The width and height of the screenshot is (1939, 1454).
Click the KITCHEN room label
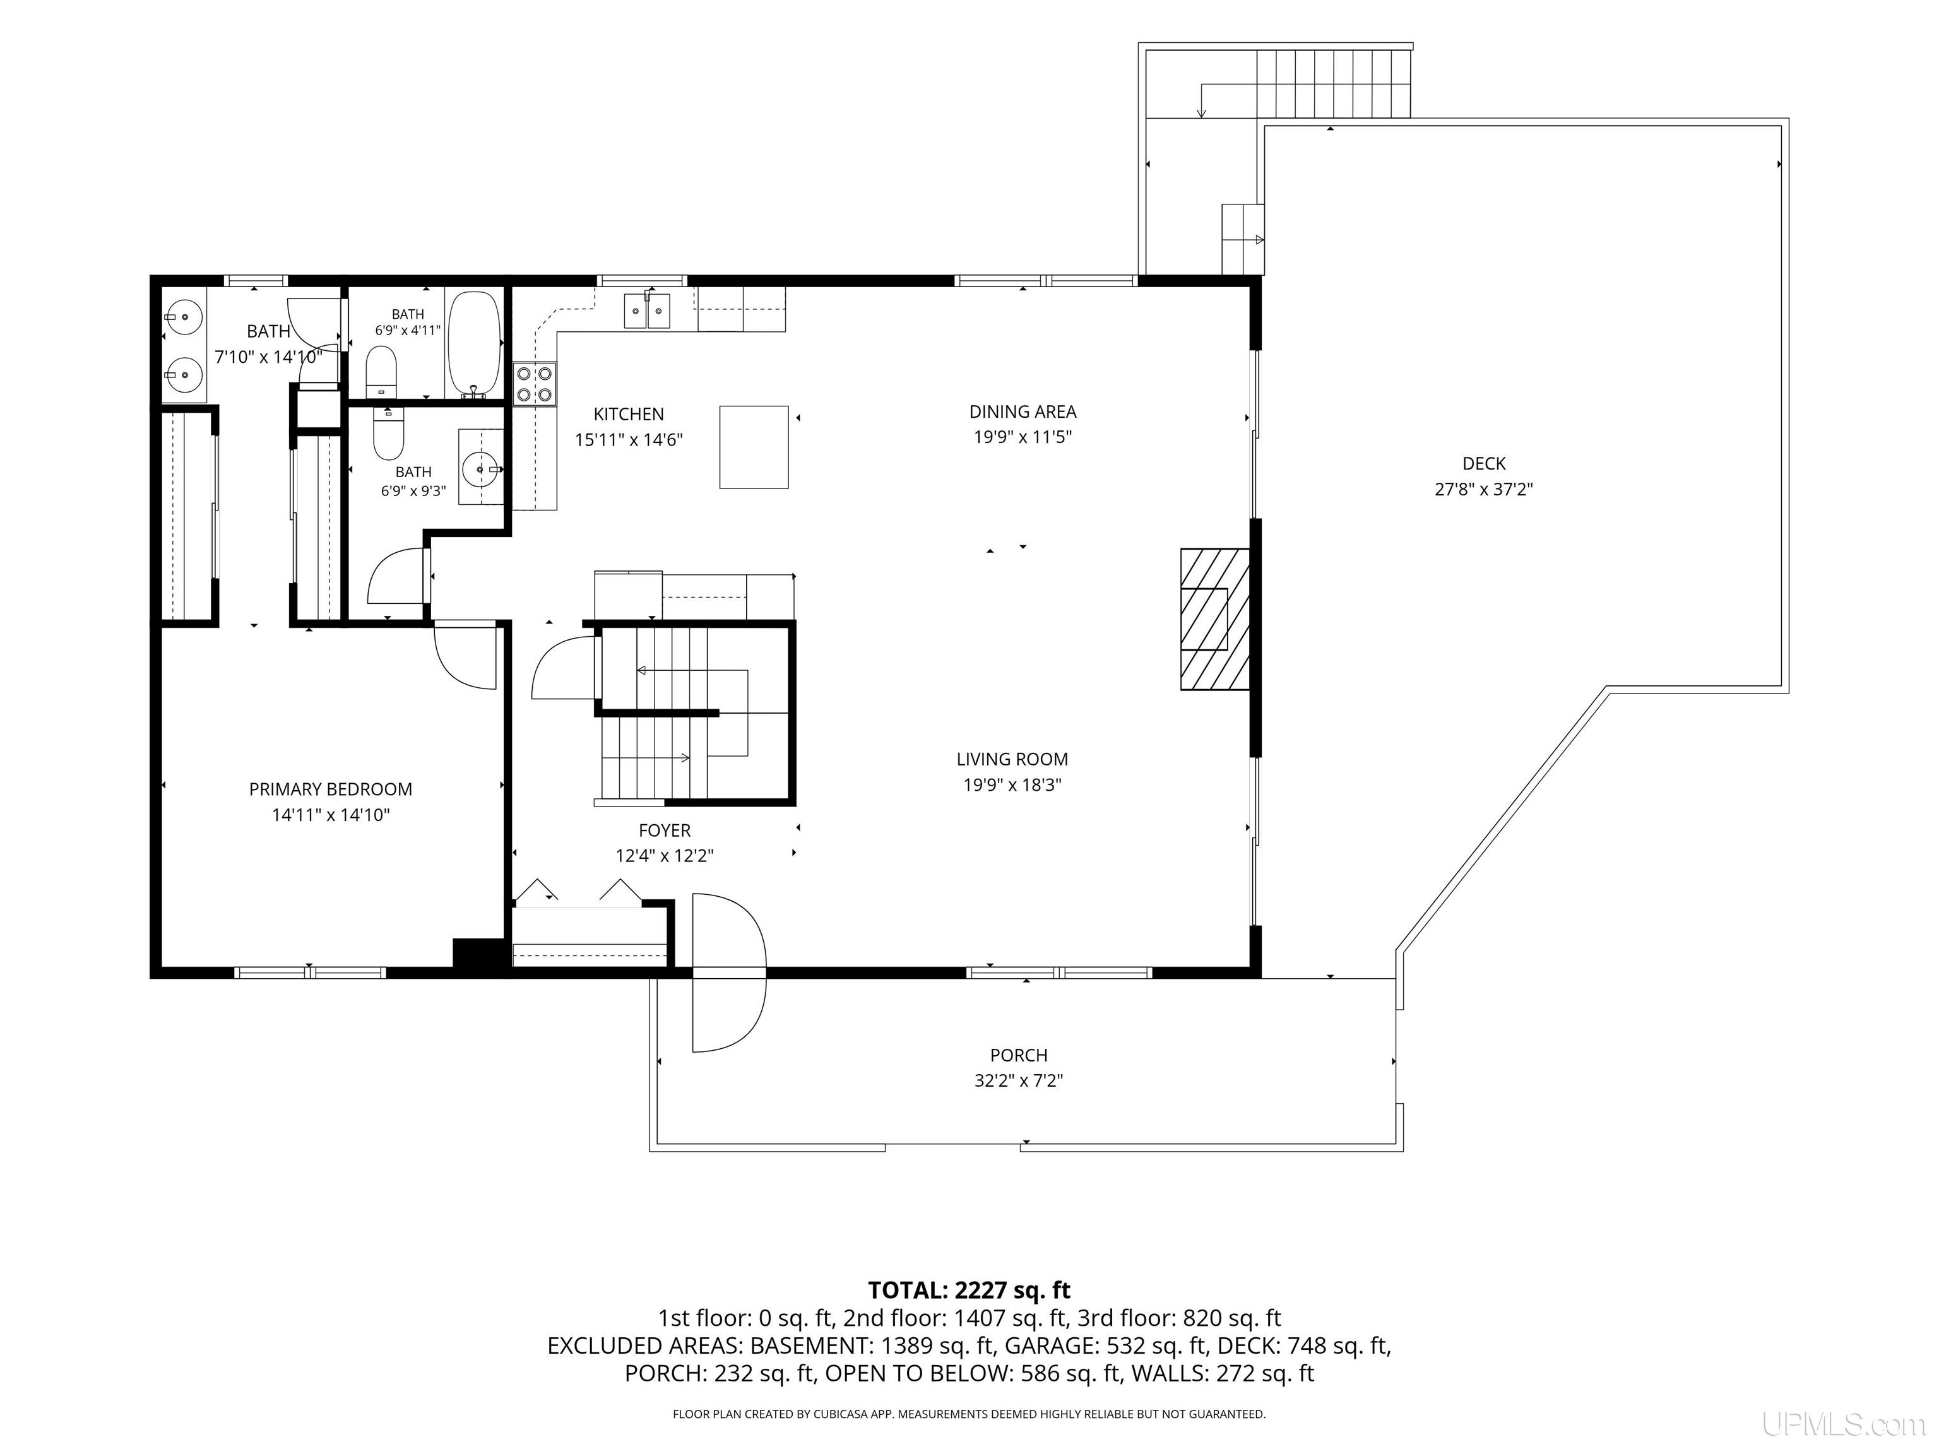(629, 414)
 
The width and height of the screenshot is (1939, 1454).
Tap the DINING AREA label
(1022, 411)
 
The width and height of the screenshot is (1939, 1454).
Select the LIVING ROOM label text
(1012, 759)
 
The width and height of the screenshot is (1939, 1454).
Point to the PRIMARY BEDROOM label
(331, 789)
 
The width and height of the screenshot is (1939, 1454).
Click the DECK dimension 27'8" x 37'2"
(1483, 489)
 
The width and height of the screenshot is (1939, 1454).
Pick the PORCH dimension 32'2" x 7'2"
(1019, 1080)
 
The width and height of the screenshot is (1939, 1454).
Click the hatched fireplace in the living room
(1215, 618)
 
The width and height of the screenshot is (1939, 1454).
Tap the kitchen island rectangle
(754, 446)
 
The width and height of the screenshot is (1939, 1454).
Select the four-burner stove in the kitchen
(535, 384)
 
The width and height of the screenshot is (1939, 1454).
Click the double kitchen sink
(647, 310)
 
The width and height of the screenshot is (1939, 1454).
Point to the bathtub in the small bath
(474, 345)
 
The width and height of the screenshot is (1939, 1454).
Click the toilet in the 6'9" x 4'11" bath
(381, 370)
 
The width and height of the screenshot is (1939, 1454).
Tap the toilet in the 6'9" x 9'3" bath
(388, 434)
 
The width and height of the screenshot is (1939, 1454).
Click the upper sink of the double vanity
(183, 317)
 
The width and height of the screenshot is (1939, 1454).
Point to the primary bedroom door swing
(465, 656)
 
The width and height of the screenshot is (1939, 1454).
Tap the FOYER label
(665, 830)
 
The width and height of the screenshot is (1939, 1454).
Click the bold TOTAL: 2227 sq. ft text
(969, 1290)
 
